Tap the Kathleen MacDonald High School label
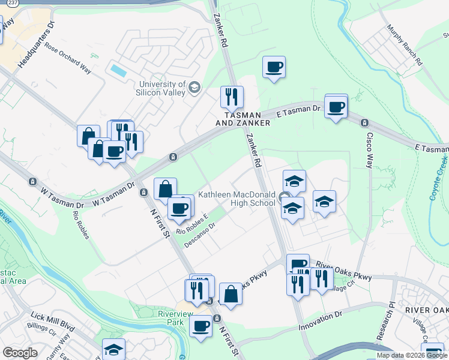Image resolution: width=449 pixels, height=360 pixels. click(237, 199)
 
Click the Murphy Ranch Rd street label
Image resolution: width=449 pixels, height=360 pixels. click(405, 46)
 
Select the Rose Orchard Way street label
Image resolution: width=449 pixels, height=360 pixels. click(67, 60)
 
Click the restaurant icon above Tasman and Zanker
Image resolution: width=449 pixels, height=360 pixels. click(231, 97)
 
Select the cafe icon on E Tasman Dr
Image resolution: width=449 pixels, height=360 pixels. click(336, 107)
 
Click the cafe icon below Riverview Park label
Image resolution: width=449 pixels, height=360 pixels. click(200, 326)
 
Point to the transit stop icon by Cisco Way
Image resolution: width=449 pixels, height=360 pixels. click(364, 123)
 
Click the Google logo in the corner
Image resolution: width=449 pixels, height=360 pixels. click(20, 353)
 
